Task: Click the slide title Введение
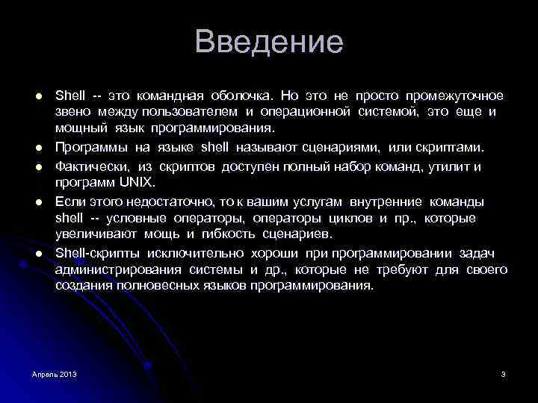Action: tap(269, 42)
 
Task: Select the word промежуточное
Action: tap(454, 96)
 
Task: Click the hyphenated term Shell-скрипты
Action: tap(93, 254)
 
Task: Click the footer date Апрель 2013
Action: tap(54, 373)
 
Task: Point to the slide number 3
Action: tap(504, 373)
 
